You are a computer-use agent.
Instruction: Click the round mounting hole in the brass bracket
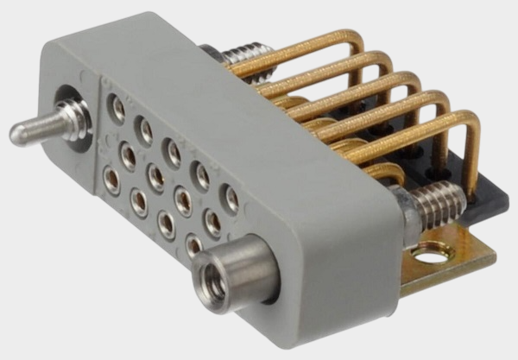point(428,254)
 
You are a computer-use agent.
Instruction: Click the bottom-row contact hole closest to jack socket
point(193,246)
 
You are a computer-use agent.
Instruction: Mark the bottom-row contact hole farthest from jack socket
point(111,180)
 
